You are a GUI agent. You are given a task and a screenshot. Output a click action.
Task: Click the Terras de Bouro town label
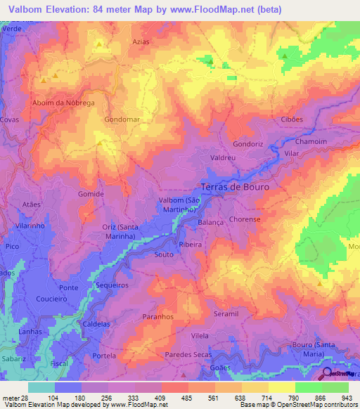pos(235,188)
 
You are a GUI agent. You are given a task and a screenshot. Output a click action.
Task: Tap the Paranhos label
pos(157,317)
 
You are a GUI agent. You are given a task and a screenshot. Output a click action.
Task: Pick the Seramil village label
pos(226,314)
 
